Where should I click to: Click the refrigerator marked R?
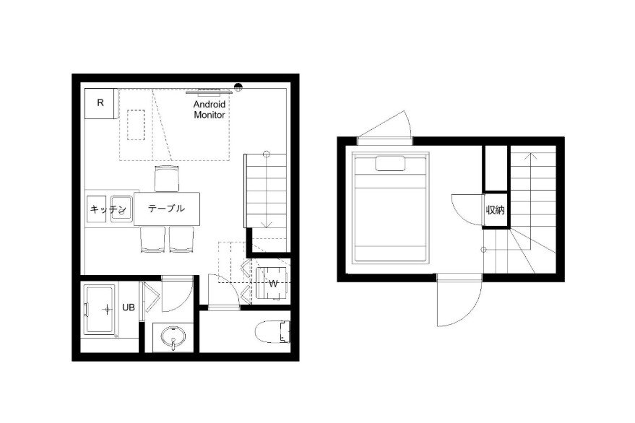click(x=100, y=103)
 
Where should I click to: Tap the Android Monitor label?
click(x=209, y=110)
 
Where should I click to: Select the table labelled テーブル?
click(x=166, y=209)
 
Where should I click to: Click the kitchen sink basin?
click(x=121, y=209)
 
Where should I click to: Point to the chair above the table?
click(x=166, y=178)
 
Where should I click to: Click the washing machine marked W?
click(x=272, y=283)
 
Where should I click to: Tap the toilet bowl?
click(x=273, y=332)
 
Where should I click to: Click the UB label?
click(x=129, y=308)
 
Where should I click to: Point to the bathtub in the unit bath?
click(x=100, y=310)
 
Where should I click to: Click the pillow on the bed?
click(x=390, y=164)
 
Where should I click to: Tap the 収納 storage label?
click(x=496, y=210)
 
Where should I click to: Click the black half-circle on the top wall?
click(x=238, y=86)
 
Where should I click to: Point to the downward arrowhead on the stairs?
click(x=266, y=224)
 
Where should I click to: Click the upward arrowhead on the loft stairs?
click(x=530, y=156)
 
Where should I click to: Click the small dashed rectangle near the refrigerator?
click(x=136, y=125)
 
